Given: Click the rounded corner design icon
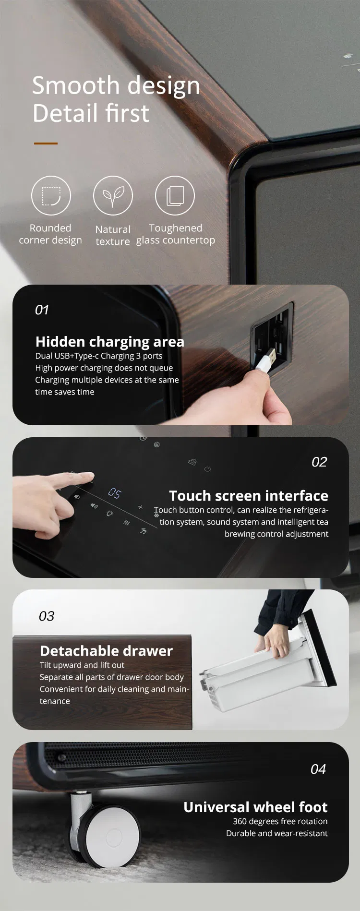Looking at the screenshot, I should [x=51, y=196].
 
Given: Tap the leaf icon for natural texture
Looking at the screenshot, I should [x=113, y=196].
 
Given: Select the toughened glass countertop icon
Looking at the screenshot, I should [x=175, y=196].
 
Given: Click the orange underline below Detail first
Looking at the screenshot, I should [x=46, y=143].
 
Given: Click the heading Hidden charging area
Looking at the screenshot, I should [x=109, y=342].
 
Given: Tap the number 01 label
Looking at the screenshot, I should [x=42, y=310].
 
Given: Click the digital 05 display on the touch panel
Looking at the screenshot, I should [x=115, y=493].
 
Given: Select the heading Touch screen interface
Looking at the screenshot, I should [x=249, y=496].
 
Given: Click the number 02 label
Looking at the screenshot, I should [x=319, y=462].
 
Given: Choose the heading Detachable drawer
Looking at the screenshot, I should [x=106, y=651].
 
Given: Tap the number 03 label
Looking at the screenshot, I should [x=47, y=616].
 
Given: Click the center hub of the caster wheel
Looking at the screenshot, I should [x=114, y=836].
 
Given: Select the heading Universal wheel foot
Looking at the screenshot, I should [x=255, y=807].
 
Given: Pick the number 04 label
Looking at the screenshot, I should [x=318, y=769].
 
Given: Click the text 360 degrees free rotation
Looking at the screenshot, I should [x=280, y=822].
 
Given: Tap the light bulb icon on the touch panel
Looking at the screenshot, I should [x=109, y=514].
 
